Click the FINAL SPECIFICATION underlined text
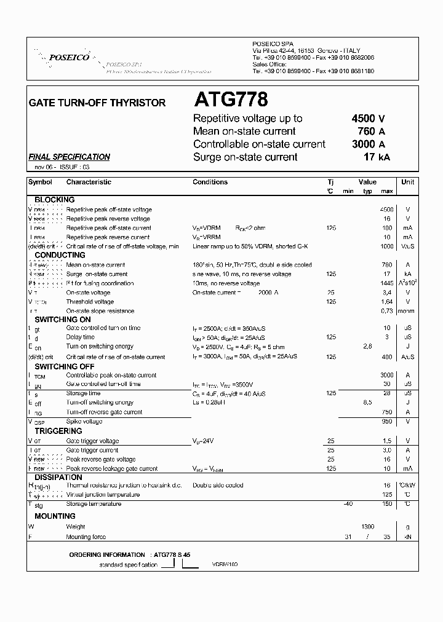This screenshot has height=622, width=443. [70, 157]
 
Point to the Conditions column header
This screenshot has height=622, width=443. [210, 182]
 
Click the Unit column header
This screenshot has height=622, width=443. [407, 182]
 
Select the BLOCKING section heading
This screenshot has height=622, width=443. [54, 200]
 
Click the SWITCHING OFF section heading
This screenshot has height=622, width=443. [64, 366]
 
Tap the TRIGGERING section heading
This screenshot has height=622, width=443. [58, 431]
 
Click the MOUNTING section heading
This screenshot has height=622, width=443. [55, 516]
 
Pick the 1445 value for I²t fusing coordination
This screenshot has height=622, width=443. [386, 283]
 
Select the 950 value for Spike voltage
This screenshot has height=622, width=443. [386, 422]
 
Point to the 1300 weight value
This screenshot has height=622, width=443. [367, 527]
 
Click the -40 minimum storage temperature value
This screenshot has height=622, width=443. [348, 504]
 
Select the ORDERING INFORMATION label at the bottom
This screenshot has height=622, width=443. [107, 554]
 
